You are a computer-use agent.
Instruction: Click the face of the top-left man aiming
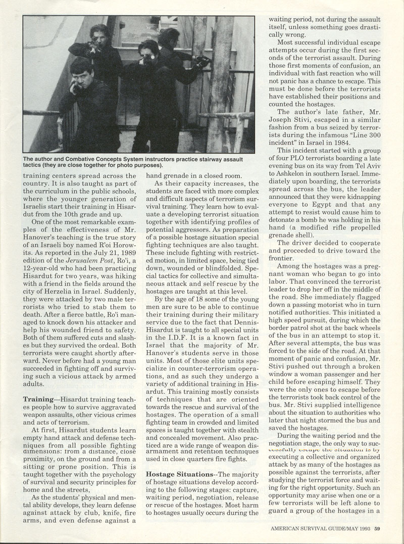(99, 33)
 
